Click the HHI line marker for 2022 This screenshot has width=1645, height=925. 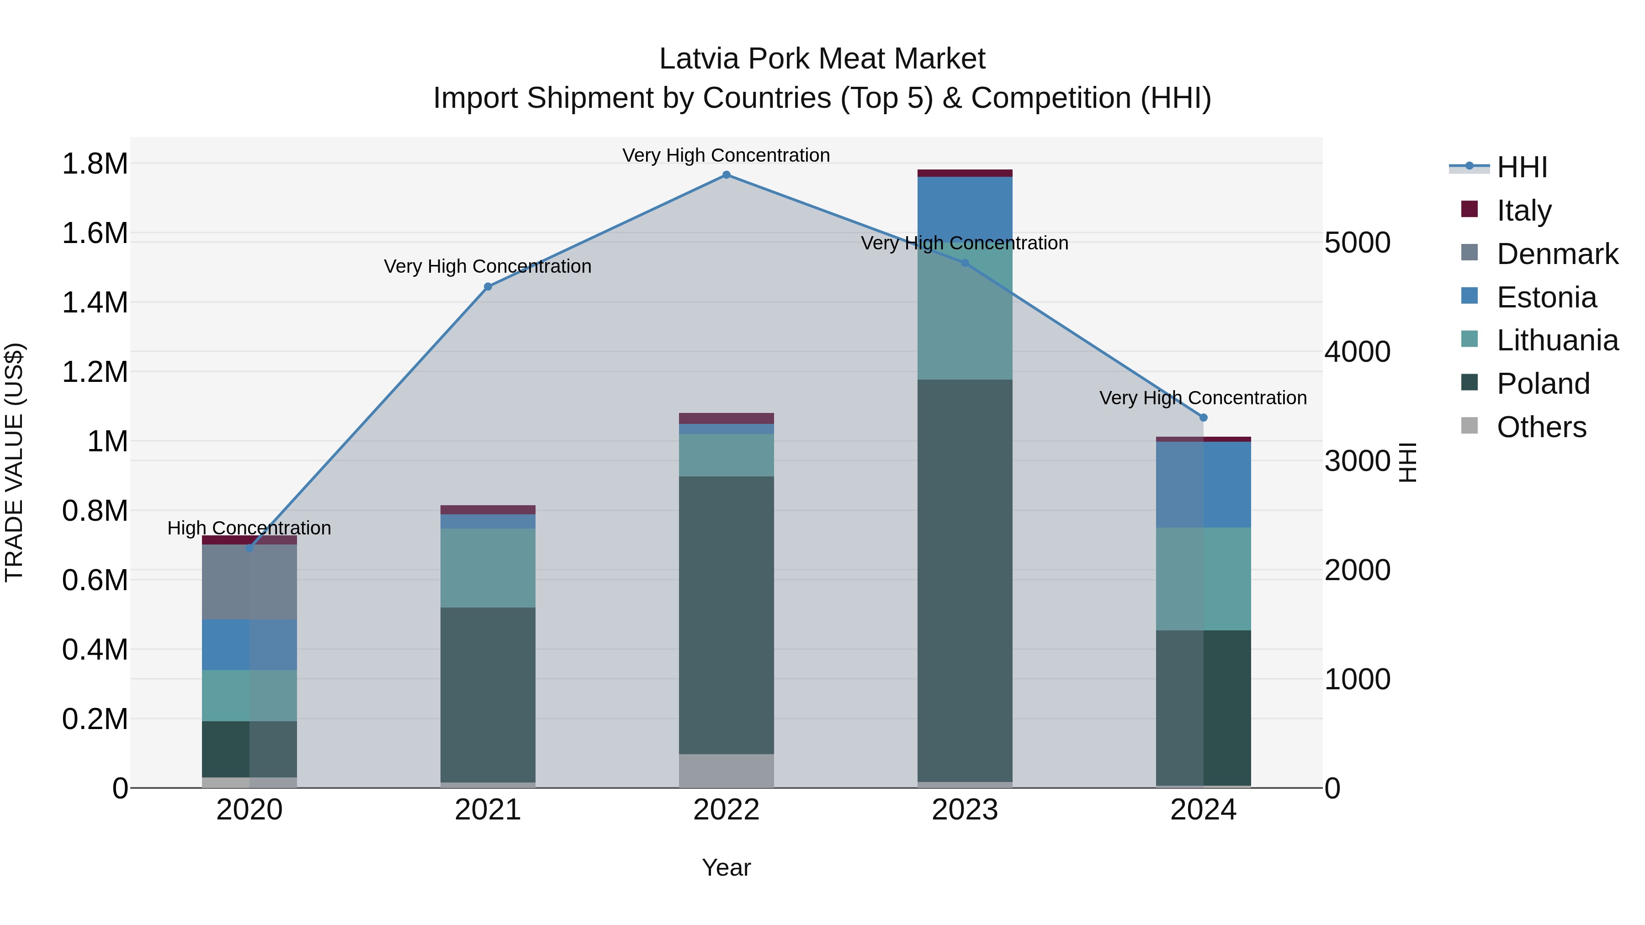[726, 175]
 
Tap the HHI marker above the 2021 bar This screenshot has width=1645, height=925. [488, 286]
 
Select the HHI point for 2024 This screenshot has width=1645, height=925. [1203, 418]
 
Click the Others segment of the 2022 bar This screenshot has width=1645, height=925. [726, 771]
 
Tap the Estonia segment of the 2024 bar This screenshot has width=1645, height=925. [1203, 485]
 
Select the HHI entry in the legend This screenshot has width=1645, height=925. [1521, 167]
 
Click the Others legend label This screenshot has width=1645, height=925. [1541, 427]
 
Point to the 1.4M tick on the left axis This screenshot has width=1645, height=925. [95, 302]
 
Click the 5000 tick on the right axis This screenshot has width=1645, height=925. [1357, 243]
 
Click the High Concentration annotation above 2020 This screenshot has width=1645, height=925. [249, 528]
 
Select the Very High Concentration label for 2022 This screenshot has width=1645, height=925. [726, 155]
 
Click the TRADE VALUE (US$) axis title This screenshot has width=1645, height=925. [14, 462]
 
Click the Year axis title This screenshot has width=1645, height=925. [726, 867]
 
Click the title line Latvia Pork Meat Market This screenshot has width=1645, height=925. [822, 59]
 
